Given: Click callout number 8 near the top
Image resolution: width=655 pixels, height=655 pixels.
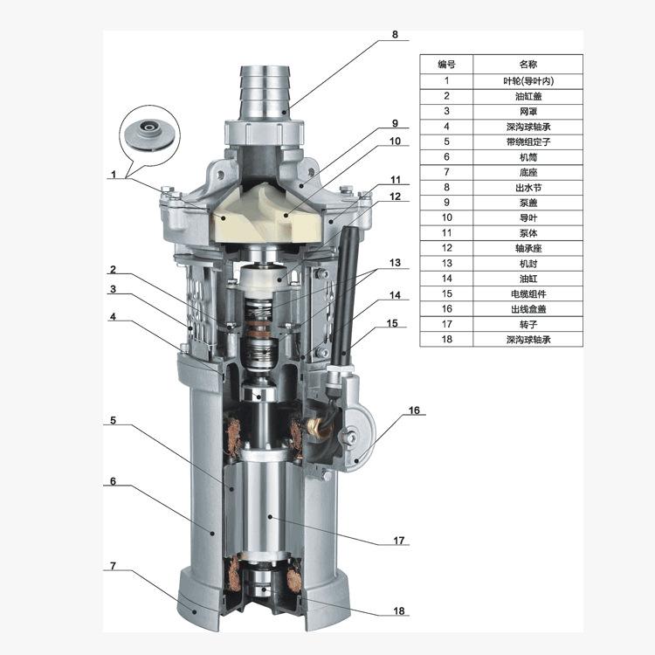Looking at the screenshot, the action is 395,35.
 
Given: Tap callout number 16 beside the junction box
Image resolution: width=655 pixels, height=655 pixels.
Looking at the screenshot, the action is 414,410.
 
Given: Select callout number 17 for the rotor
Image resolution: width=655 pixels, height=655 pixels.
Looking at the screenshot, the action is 399,541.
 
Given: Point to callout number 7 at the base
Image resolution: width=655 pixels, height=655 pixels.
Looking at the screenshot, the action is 113,566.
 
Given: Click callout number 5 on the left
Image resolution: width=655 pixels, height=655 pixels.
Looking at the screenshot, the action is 113,420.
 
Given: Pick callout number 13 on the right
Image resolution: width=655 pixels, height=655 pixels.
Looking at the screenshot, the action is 395,263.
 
